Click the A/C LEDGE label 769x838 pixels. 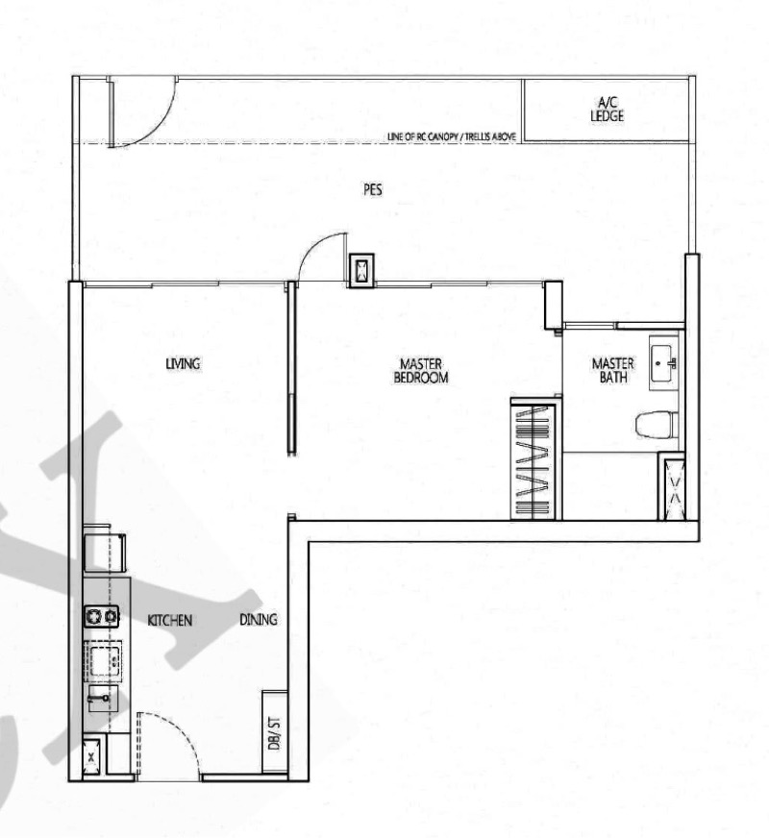click(608, 109)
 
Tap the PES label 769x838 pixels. click(372, 189)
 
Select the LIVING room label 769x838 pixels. click(183, 364)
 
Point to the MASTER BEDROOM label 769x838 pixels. click(421, 370)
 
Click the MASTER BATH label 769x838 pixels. click(613, 370)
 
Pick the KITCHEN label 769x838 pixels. click(169, 621)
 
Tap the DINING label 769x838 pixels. click(259, 620)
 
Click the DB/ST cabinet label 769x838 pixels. click(274, 733)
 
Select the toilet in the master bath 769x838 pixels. click(657, 426)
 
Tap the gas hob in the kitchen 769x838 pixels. click(102, 616)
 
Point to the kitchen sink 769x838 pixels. click(102, 660)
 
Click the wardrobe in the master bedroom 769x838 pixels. click(533, 458)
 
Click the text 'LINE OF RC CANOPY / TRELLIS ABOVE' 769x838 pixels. click(452, 136)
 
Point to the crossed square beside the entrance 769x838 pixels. click(91, 756)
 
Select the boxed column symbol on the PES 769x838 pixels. click(361, 270)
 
